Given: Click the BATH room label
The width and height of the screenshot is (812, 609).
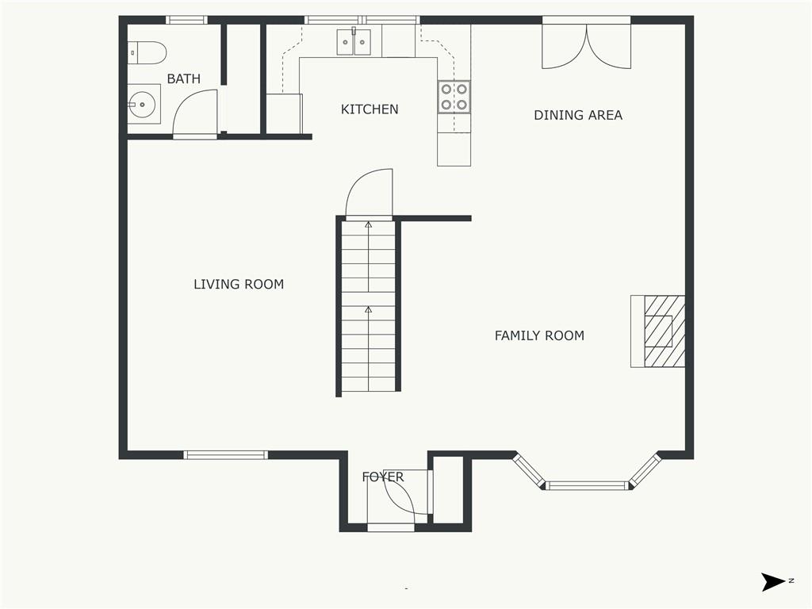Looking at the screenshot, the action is click(183, 79).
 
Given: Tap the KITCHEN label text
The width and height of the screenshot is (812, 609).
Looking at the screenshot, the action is click(370, 109).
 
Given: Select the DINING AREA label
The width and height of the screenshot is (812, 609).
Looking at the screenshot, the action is click(578, 115).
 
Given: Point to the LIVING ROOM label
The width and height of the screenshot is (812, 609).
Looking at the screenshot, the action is click(239, 284).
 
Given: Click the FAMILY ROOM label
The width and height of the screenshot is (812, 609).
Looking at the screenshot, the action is click(539, 335).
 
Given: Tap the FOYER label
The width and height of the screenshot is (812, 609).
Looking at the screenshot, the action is click(383, 477).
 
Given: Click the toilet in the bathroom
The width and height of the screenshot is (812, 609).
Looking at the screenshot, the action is click(147, 53).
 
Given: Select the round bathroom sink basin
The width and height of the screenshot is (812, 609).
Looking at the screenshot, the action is click(142, 105).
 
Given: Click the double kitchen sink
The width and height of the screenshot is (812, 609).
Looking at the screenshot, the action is click(354, 42).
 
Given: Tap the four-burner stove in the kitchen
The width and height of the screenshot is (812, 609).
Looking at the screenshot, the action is click(454, 97).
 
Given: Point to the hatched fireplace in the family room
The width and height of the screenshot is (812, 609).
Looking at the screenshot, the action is click(665, 331).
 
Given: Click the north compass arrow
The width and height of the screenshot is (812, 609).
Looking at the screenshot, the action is click(773, 581).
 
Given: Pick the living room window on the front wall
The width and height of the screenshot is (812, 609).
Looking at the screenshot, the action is click(225, 455).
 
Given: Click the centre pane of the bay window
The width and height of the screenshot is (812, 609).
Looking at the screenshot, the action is click(586, 485).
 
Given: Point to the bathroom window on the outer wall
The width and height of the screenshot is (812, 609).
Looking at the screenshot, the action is click(186, 20).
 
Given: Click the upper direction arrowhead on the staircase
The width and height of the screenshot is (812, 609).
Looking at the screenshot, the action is click(369, 224).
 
